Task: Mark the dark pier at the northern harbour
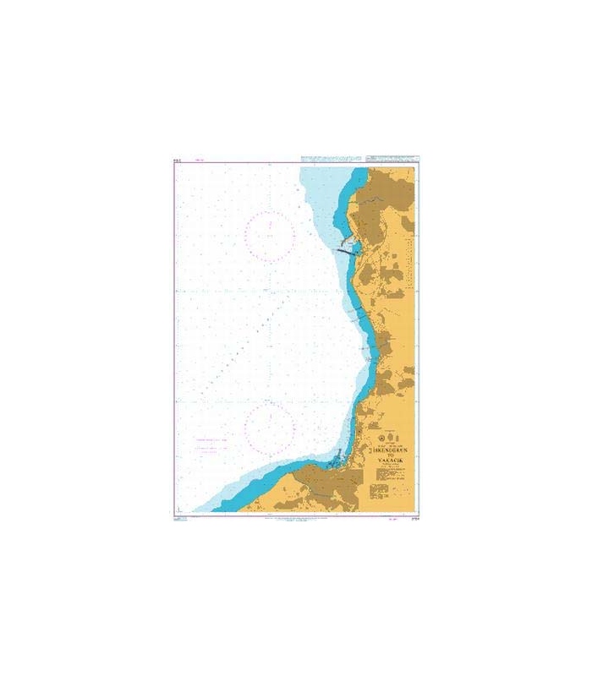pyautogui.click(x=347, y=249)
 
